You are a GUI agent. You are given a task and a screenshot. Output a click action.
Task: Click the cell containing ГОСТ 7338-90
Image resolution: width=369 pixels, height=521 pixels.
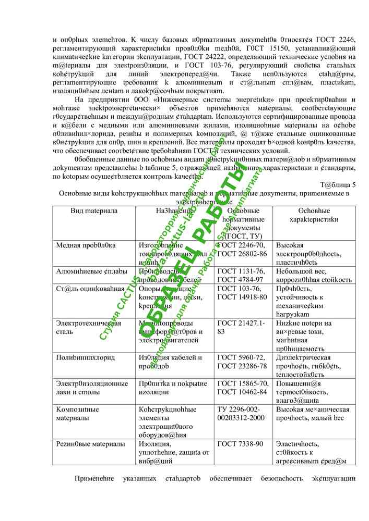pyautogui.click(x=240, y=444)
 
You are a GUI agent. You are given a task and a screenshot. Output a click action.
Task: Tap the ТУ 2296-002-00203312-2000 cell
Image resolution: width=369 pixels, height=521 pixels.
pyautogui.click(x=241, y=414)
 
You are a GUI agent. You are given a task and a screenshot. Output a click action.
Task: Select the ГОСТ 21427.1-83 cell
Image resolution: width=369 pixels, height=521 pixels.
pyautogui.click(x=241, y=327)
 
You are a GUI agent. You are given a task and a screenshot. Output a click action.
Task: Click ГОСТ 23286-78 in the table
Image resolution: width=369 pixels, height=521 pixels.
pyautogui.click(x=241, y=366)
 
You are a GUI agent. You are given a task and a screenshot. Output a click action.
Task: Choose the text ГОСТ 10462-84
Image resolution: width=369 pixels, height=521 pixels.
pyautogui.click(x=241, y=392)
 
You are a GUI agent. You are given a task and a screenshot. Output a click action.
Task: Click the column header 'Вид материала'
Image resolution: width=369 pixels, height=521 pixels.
pyautogui.click(x=94, y=211)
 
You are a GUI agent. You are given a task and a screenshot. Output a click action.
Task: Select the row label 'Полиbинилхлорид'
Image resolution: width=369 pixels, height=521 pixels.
pyautogui.click(x=86, y=357)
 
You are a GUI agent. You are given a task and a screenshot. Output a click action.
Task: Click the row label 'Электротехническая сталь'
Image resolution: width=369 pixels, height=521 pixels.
pyautogui.click(x=88, y=327)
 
